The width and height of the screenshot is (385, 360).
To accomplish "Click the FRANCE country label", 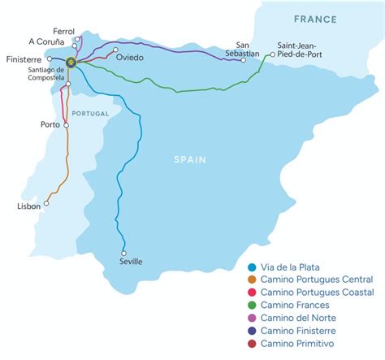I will click(x=315, y=19).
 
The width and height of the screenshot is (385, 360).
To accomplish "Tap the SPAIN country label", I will click(x=192, y=160).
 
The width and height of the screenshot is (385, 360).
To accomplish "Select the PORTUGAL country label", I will click(x=89, y=114).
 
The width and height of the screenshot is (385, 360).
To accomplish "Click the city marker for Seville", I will click(x=124, y=251).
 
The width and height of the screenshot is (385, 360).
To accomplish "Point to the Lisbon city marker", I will click(x=46, y=204).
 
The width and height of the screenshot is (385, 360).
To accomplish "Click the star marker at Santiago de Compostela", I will click(x=71, y=62).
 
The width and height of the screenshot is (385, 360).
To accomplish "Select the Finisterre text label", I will click(x=24, y=59).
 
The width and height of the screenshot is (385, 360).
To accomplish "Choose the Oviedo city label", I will click(x=130, y=59).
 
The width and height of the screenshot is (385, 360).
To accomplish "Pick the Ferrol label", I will click(x=62, y=29).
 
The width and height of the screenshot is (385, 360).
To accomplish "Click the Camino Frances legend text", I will click(x=305, y=305).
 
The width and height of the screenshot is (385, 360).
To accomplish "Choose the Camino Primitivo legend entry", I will click(x=310, y=344).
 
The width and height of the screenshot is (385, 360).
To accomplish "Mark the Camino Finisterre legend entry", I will click(x=313, y=331).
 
